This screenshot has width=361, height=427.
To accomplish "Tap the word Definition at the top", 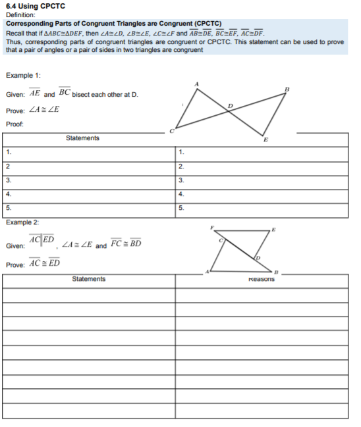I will coord(20,14).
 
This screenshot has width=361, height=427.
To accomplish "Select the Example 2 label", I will coord(22,222).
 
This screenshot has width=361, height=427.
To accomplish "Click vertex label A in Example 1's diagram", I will coord(196,84).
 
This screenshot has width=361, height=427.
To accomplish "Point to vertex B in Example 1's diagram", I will coord(287,89).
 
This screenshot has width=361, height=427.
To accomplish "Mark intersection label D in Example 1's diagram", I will coord(230,105).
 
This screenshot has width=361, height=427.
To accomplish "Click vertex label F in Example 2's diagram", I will coord(211,228).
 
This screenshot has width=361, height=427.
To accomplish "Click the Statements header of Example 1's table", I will coord(83,138).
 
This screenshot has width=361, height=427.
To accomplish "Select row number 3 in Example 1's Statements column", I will coord(8,180).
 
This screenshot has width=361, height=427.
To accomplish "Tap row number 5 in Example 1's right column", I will coord(181,208).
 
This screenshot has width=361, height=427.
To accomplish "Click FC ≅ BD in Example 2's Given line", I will coord(126,245).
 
